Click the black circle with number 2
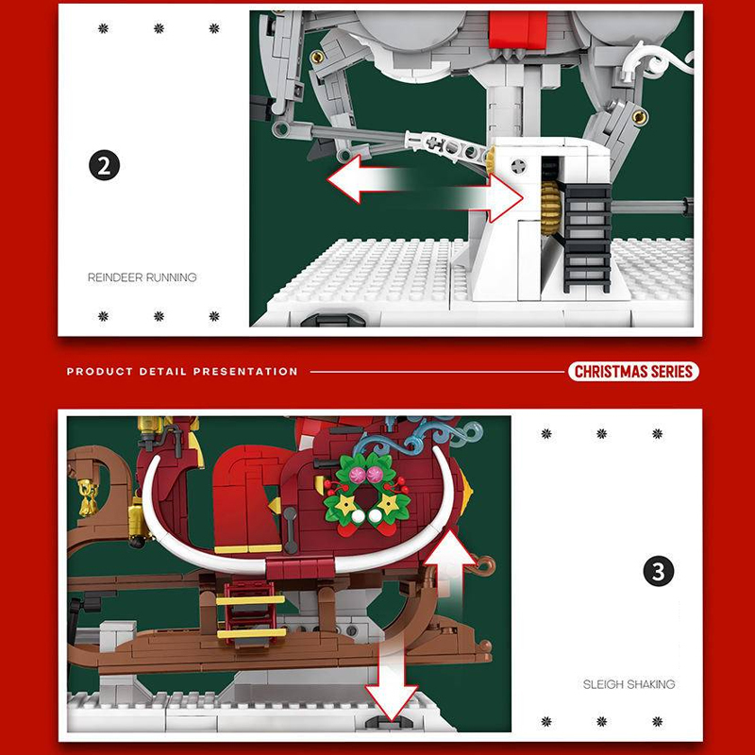click(105, 165)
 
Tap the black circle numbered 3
click(658, 572)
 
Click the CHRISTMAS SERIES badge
click(632, 371)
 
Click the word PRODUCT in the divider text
click(92, 372)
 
